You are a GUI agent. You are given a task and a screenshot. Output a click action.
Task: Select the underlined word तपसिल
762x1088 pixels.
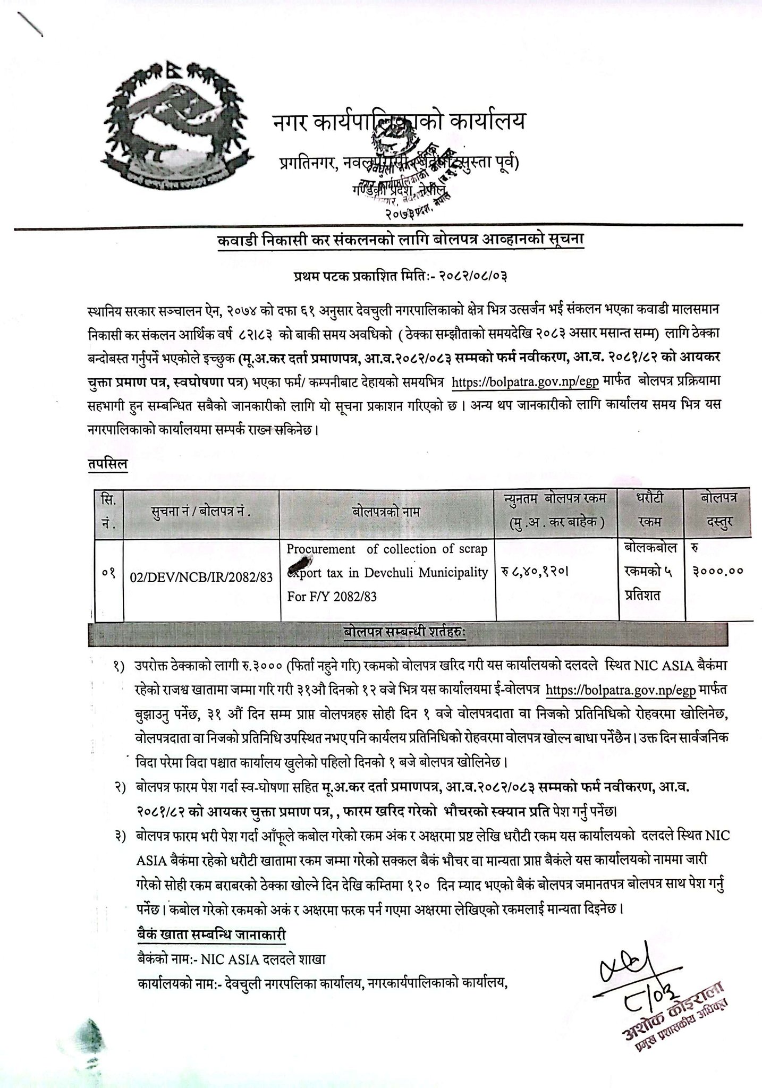pyautogui.click(x=108, y=463)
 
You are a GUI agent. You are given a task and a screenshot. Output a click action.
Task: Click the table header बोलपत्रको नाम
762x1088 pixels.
pyautogui.click(x=386, y=512)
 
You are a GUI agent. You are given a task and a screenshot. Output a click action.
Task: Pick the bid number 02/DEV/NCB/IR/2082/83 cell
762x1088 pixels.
pyautogui.click(x=201, y=577)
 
